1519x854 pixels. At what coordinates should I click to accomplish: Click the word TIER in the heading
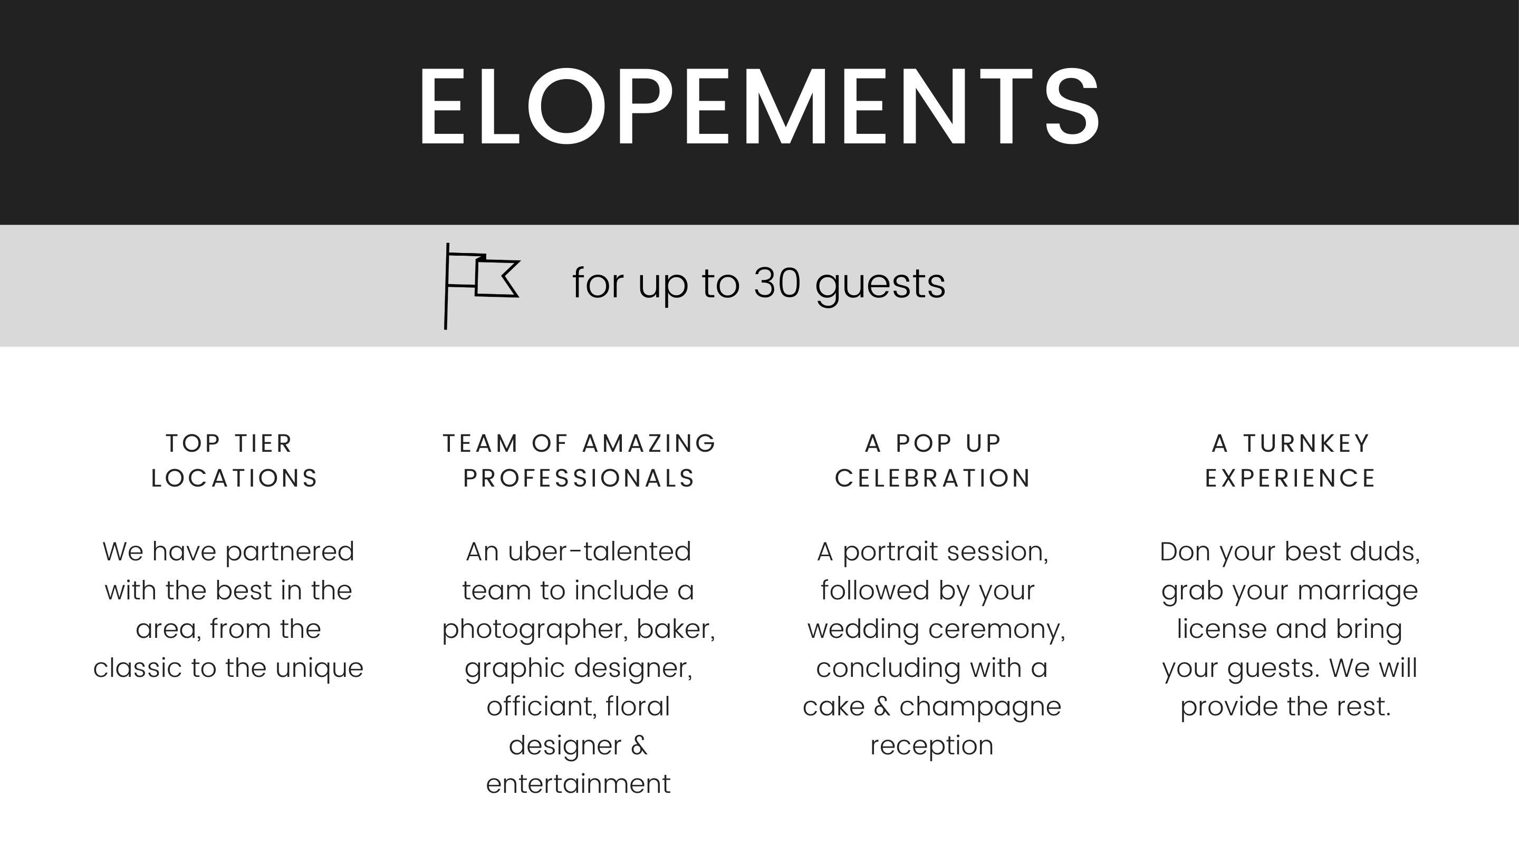tap(264, 443)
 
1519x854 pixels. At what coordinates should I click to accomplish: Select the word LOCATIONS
tap(235, 478)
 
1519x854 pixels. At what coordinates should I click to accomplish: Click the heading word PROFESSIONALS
tap(579, 478)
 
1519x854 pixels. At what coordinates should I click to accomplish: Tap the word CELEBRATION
tap(933, 478)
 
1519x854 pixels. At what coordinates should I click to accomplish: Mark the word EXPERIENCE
tap(1290, 478)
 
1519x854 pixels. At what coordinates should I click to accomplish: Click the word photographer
tap(534, 629)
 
